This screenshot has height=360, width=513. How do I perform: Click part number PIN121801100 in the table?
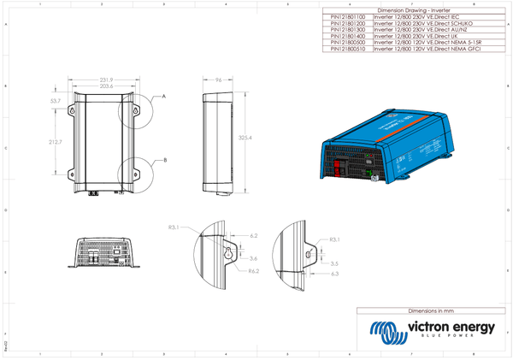pyautogui.click(x=347, y=15)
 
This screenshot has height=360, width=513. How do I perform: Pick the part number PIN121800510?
pyautogui.click(x=347, y=50)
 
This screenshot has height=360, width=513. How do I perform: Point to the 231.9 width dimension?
pyautogui.click(x=107, y=80)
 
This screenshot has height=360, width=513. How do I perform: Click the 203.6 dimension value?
pyautogui.click(x=107, y=86)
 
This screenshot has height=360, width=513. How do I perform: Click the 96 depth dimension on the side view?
pyautogui.click(x=218, y=80)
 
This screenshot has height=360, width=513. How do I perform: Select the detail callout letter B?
pyautogui.click(x=165, y=160)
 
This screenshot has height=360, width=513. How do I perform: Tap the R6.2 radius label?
pyautogui.click(x=253, y=270)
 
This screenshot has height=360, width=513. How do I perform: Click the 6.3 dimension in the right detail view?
pyautogui.click(x=334, y=274)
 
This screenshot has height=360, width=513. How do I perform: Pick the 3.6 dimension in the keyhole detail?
pyautogui.click(x=254, y=258)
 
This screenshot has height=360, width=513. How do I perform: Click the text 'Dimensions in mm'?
pyautogui.click(x=433, y=310)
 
